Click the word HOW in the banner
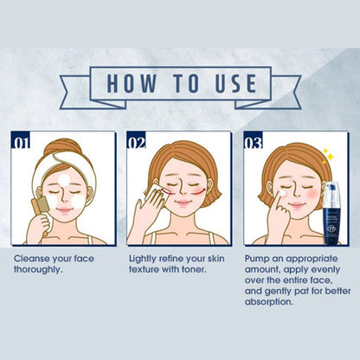[x=132, y=83]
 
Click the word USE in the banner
[x=235, y=83]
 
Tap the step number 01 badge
[x=21, y=140]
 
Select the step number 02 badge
[x=137, y=140]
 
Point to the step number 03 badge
[x=254, y=140]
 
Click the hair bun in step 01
[x=62, y=146]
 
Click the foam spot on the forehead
[x=64, y=180]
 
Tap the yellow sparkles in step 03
[x=328, y=157]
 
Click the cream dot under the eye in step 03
[x=282, y=193]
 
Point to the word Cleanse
[x=31, y=259]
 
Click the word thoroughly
[x=38, y=270]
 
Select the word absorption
[x=269, y=302]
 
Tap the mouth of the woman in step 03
[x=297, y=205]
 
